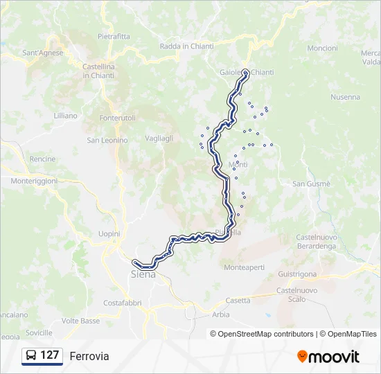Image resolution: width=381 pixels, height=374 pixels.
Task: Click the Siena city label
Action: click(x=143, y=274)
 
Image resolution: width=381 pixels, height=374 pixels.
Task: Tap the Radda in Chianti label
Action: click(x=186, y=46)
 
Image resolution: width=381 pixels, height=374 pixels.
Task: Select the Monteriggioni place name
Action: click(x=34, y=181)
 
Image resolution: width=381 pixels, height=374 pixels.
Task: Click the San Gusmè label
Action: click(x=311, y=184)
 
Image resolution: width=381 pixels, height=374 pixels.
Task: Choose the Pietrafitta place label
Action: click(x=114, y=36)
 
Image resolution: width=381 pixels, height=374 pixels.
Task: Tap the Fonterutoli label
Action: click(x=117, y=118)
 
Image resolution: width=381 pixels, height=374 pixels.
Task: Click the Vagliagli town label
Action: click(x=159, y=138)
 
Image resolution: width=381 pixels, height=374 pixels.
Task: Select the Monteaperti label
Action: click(x=244, y=267)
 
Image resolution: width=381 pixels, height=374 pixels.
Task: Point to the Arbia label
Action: click(x=221, y=314)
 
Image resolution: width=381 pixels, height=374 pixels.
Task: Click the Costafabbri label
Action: click(x=122, y=303)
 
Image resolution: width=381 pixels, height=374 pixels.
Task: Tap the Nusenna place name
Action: click(x=345, y=98)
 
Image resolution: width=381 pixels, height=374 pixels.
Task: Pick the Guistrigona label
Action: click(x=297, y=274)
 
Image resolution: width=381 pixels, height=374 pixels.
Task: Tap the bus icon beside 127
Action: click(x=31, y=355)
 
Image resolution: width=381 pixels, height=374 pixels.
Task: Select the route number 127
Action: click(x=49, y=355)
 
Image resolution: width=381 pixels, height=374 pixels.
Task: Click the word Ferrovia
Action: click(x=89, y=356)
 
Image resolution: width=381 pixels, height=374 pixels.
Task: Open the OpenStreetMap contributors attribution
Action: click(x=266, y=334)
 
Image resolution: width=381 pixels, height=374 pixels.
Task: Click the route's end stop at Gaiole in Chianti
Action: click(x=245, y=71)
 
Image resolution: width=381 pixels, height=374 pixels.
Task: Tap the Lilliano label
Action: click(x=65, y=116)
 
